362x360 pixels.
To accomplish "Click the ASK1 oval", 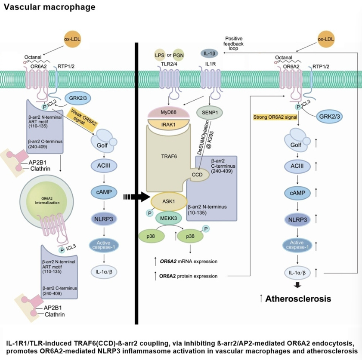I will (x=169, y=201).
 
